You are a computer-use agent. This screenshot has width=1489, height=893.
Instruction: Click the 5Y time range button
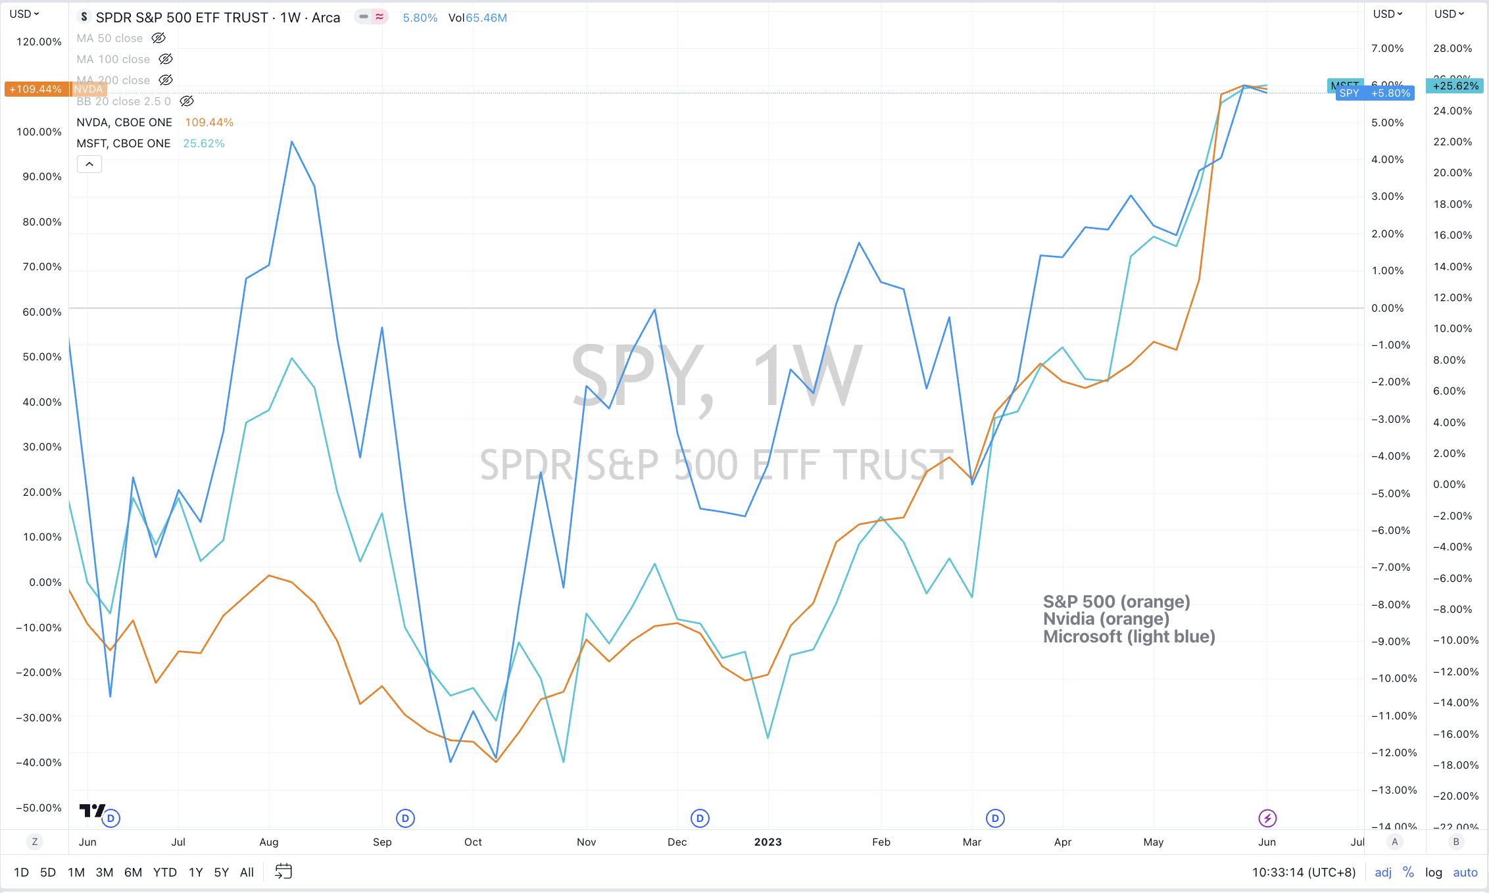(x=221, y=872)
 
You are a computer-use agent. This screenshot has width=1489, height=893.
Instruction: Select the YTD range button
(x=164, y=872)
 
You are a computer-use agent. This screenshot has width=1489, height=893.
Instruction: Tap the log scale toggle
(x=1433, y=872)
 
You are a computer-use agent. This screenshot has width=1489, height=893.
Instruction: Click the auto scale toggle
(x=1465, y=872)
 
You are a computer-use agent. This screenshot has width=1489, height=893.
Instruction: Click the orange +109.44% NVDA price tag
(x=36, y=89)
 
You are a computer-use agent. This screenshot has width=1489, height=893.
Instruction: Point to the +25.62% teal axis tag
(x=1455, y=86)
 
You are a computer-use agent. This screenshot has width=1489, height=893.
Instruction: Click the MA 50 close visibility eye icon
(x=159, y=38)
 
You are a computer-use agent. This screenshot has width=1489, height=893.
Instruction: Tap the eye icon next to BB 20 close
(x=187, y=101)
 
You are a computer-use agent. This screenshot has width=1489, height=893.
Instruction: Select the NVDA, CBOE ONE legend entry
(x=124, y=122)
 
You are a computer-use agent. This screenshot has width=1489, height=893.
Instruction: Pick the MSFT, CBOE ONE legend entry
(x=123, y=143)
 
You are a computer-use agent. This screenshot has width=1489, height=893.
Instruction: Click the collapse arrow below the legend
(x=89, y=164)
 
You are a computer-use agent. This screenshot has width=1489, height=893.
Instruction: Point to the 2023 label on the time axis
(x=768, y=842)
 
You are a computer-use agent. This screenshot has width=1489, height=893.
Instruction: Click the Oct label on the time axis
(x=473, y=842)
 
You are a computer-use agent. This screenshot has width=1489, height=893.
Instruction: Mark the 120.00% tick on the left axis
(x=39, y=42)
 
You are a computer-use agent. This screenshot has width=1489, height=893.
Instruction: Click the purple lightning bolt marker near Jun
(x=1267, y=818)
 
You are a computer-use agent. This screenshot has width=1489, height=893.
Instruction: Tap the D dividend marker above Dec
(x=700, y=818)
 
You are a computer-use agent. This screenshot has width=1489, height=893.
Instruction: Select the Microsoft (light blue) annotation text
(x=1129, y=637)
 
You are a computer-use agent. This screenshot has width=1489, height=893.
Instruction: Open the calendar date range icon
(x=283, y=872)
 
